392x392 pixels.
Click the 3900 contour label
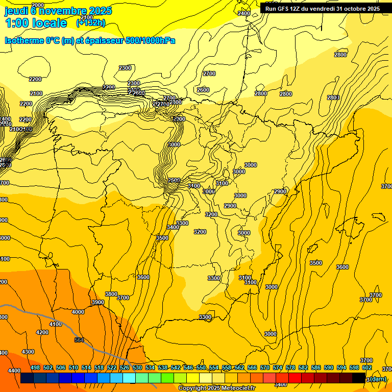coord(97,303)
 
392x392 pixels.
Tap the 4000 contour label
coord(78,312)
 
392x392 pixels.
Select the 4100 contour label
coord(56,324)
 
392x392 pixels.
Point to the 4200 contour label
coord(42,332)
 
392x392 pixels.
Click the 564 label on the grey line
coord(79,340)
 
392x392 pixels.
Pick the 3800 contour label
coord(111,294)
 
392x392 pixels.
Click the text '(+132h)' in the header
coord(90,23)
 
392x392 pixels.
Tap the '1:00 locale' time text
coord(36,23)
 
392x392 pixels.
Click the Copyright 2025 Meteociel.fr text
coord(216,388)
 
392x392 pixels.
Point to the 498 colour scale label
coord(35,367)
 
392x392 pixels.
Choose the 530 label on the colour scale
coord(137,367)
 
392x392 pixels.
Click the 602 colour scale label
coord(367,367)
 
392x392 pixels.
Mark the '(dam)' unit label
coord(378,379)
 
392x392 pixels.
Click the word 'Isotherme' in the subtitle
coord(24,40)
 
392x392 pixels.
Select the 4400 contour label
coord(14,371)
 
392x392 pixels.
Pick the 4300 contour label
coord(28,352)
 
